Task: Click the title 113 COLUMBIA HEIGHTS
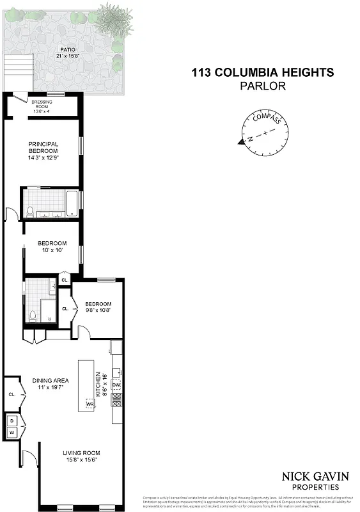pyautogui.click(x=262, y=72)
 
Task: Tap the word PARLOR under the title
pyautogui.click(x=262, y=85)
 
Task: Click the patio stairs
pyautogui.click(x=18, y=71)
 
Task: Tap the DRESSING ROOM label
pyautogui.click(x=42, y=105)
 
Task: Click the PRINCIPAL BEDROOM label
pyautogui.click(x=43, y=151)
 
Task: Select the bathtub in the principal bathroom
pyautogui.click(x=72, y=204)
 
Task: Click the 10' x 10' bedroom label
pyautogui.click(x=52, y=247)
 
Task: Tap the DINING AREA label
pyautogui.click(x=51, y=384)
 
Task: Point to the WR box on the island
pyautogui.click(x=90, y=404)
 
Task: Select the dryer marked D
pyautogui.click(x=12, y=421)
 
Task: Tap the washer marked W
pyautogui.click(x=12, y=433)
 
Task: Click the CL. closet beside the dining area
pyautogui.click(x=12, y=394)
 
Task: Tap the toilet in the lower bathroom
pyautogui.click(x=33, y=315)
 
